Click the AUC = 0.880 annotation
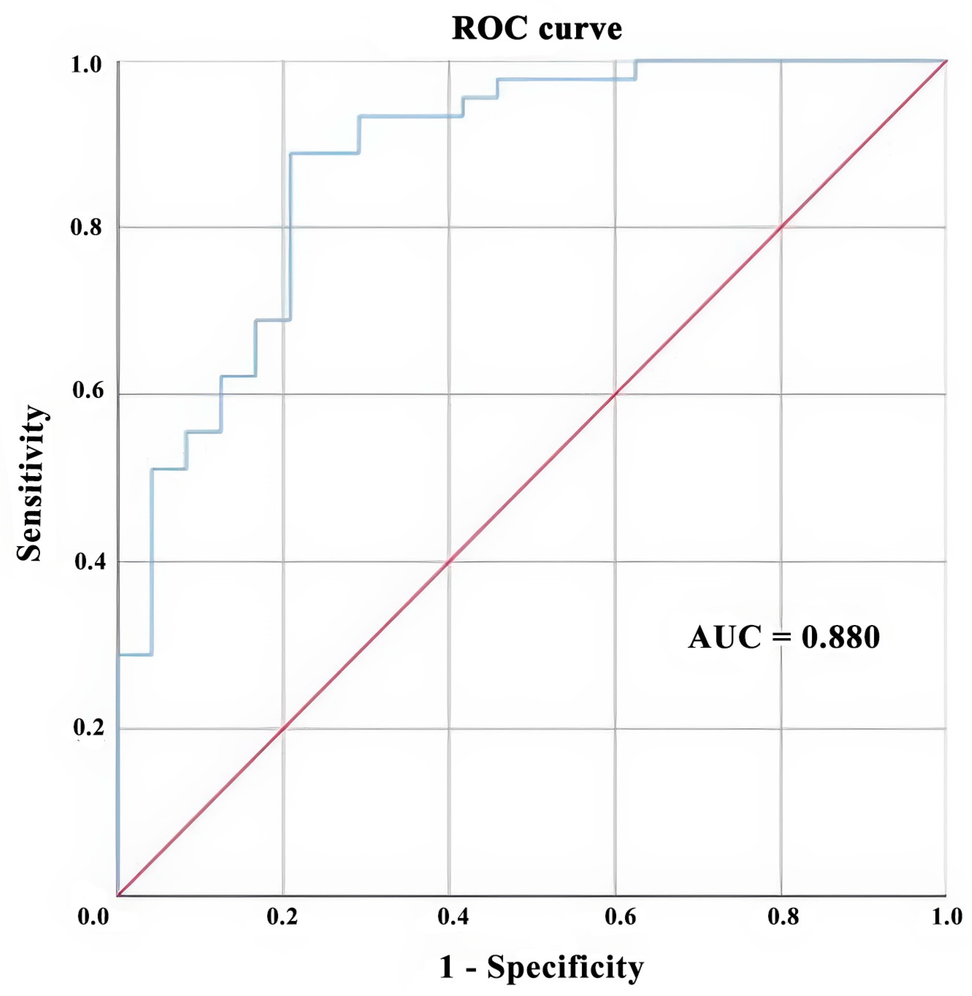(784, 637)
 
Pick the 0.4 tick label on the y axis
(90, 562)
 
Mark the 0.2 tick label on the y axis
(89, 728)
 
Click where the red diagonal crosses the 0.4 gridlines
(449, 562)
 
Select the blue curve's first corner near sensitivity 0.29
(151, 655)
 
